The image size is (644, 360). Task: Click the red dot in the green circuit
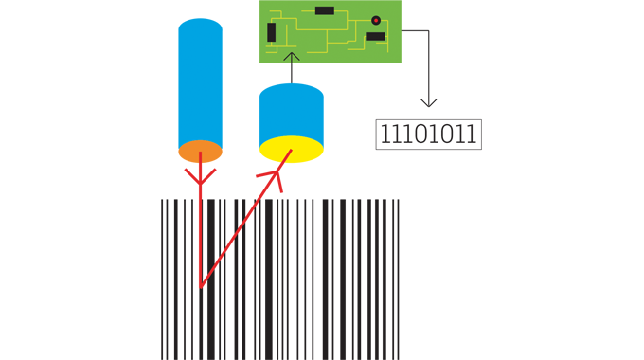pos(376,20)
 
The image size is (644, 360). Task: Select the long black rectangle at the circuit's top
pos(325,10)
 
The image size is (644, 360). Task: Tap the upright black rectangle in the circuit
pos(272,32)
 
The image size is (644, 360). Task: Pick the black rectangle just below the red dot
pos(375,37)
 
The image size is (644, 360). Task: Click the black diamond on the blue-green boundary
pos(292,73)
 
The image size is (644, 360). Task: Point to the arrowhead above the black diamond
pos(292,57)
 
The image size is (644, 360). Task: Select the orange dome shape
pos(200,152)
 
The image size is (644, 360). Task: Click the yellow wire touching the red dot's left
pos(364,20)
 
